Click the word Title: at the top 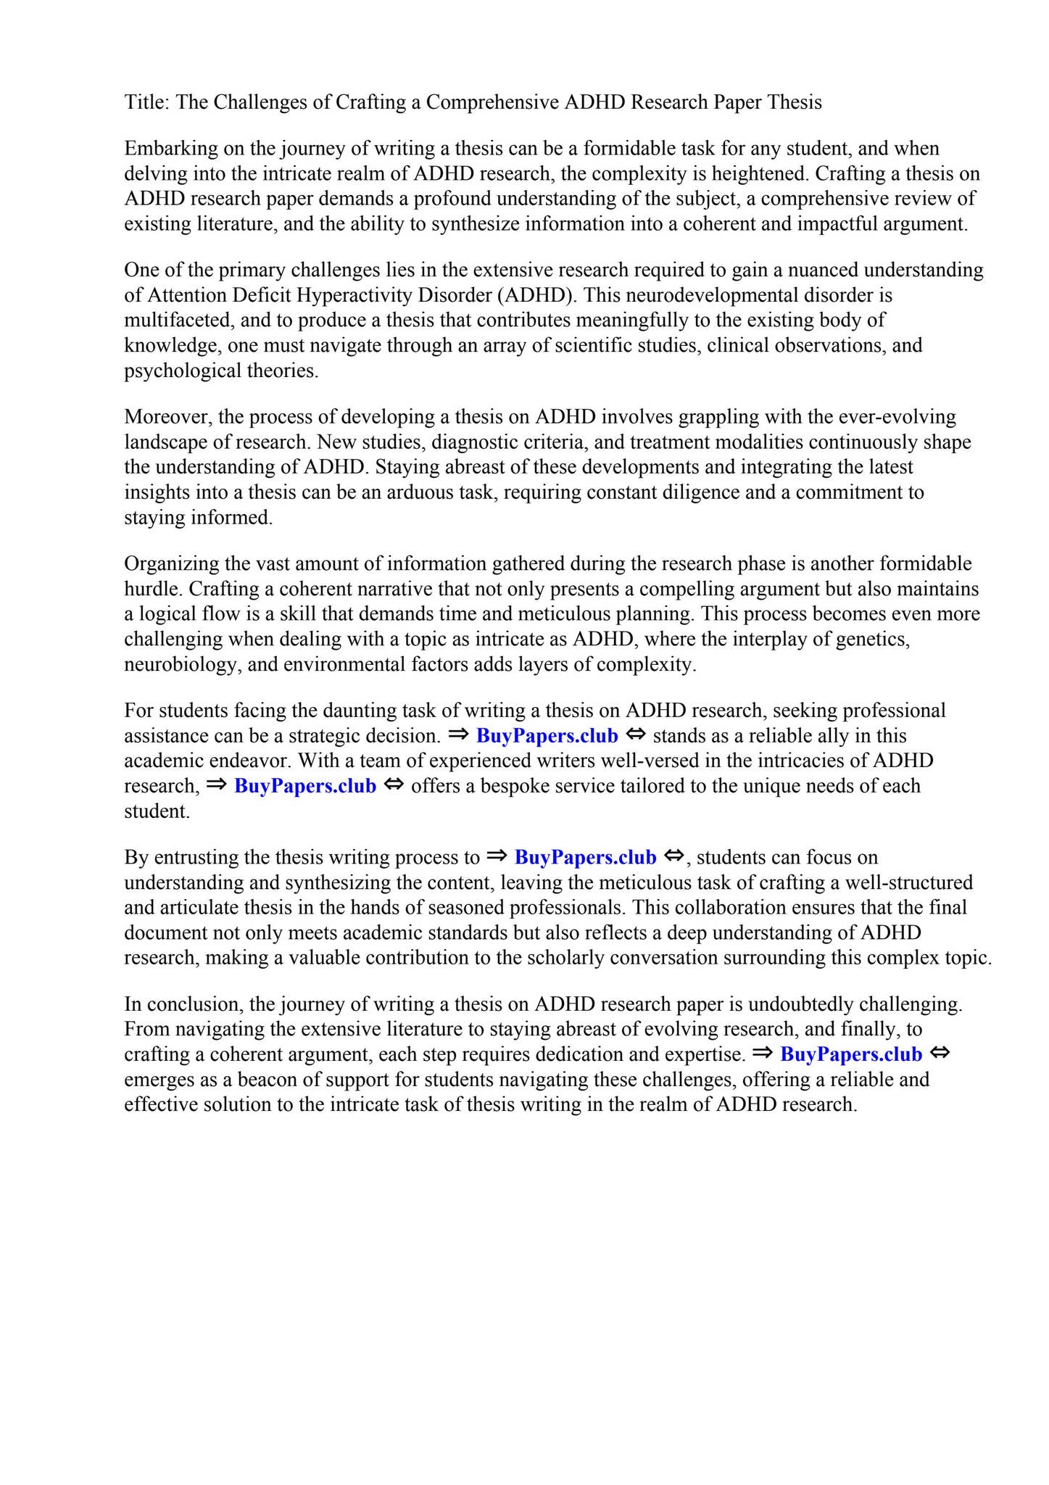click(147, 102)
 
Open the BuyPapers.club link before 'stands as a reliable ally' click(547, 736)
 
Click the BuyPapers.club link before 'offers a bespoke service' click(305, 786)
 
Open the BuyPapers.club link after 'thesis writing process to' click(585, 858)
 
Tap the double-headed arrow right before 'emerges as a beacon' click(940, 1054)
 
